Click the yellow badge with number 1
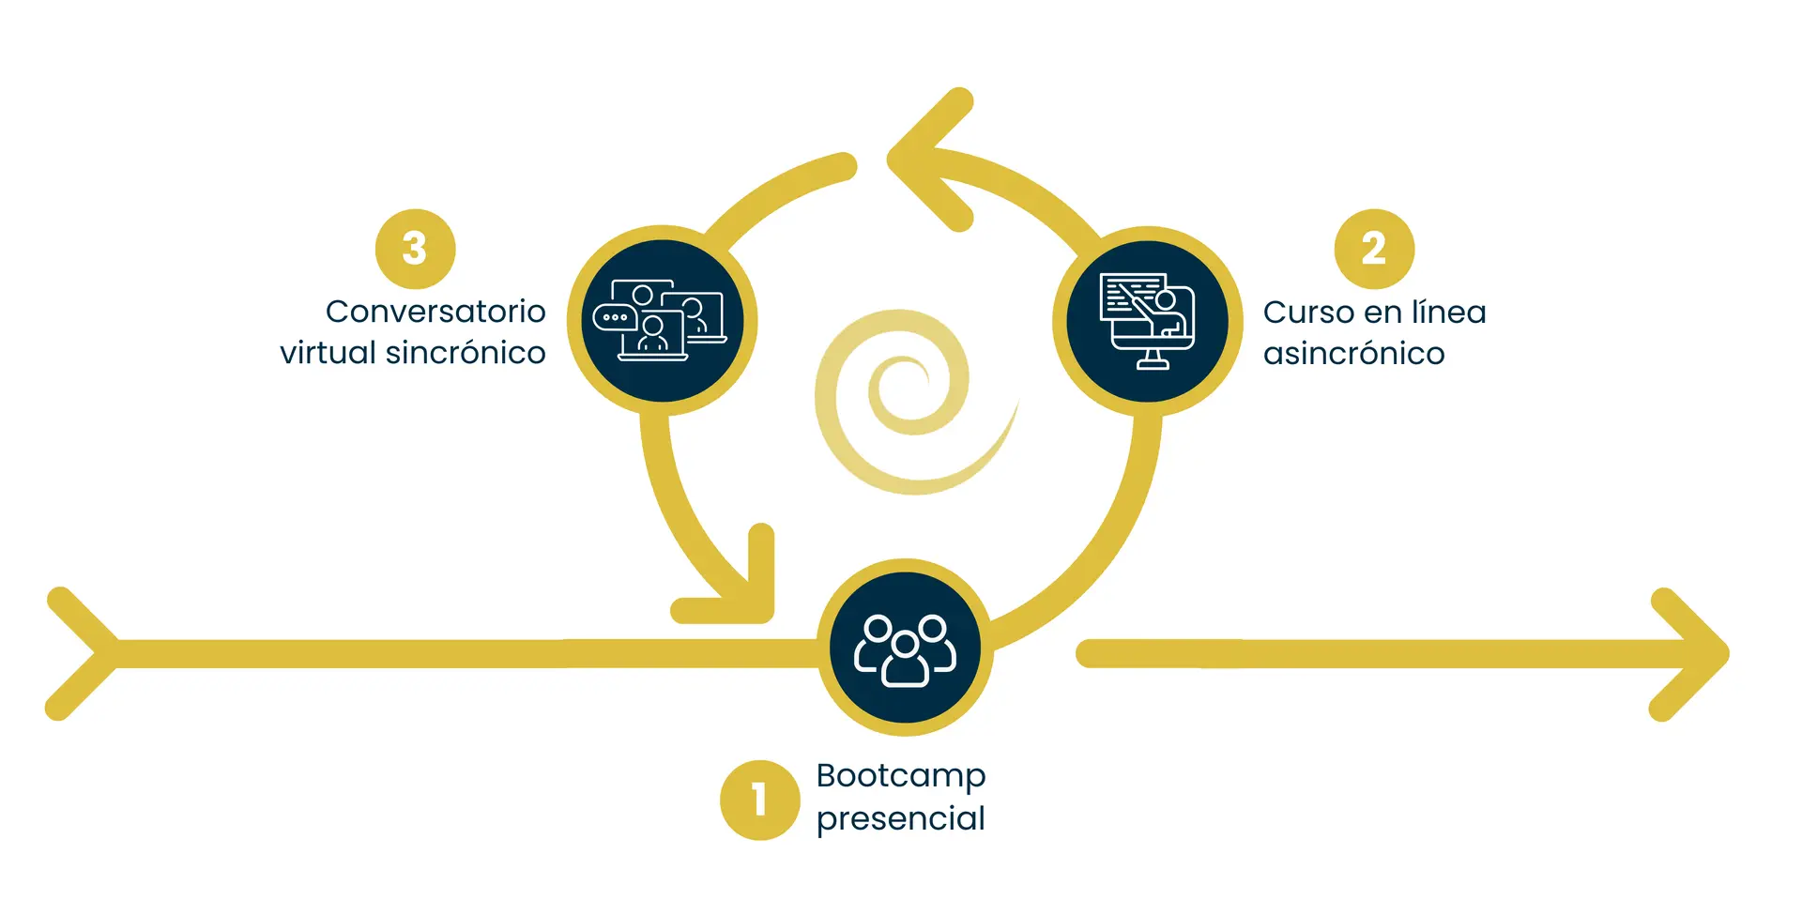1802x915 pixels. [759, 800]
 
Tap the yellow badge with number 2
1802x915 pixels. [1374, 249]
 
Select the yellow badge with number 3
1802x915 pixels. [415, 249]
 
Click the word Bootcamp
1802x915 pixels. [901, 776]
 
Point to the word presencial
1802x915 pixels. [901, 818]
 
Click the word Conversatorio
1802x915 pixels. [435, 311]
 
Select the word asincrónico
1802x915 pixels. [1353, 354]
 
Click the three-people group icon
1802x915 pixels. [905, 649]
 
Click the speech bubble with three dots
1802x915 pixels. [615, 317]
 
